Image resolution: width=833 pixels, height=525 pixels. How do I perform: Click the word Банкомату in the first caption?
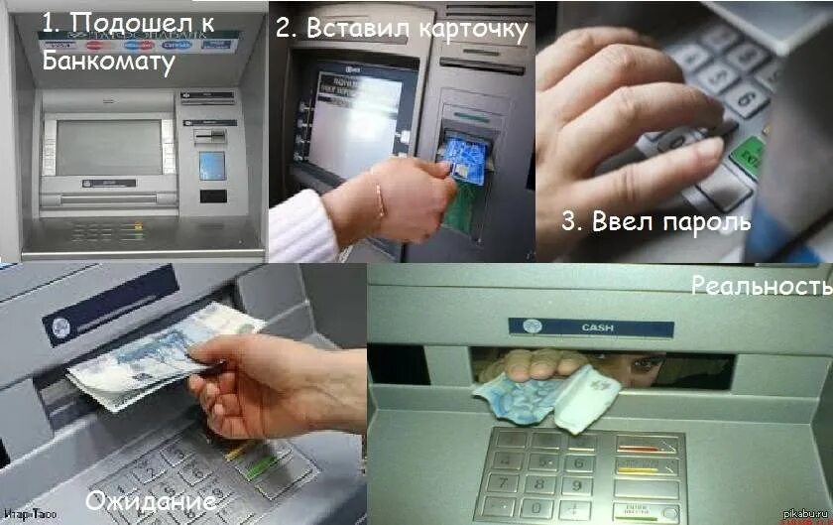click(110, 62)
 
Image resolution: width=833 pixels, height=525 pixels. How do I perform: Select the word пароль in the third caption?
click(700, 221)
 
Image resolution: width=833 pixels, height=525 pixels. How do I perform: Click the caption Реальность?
click(762, 287)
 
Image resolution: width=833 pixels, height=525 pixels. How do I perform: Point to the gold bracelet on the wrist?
click(378, 195)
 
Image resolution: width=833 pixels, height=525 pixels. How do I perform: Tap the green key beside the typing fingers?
click(752, 155)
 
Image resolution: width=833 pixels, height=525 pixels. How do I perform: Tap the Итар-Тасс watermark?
click(27, 514)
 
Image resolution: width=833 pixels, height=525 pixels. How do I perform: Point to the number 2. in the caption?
click(287, 29)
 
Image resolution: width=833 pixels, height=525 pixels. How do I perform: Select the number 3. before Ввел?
click(572, 221)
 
